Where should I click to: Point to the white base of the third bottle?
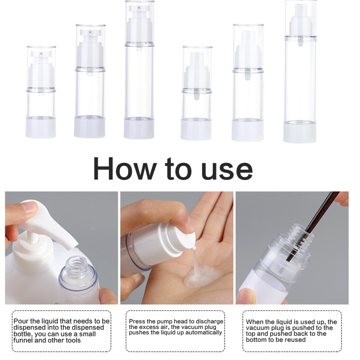[139, 128]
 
